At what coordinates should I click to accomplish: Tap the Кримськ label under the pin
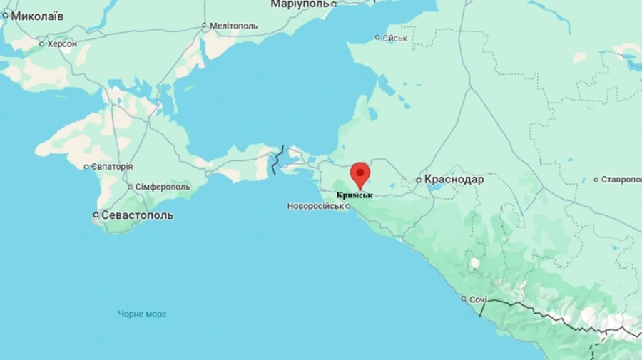click(x=355, y=194)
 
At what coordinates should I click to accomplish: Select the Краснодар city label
click(x=454, y=180)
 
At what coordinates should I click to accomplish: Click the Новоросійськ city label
click(x=315, y=206)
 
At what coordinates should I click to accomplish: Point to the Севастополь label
click(x=137, y=215)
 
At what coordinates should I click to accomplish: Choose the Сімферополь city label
click(x=161, y=187)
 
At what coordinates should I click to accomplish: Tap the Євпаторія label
click(x=111, y=166)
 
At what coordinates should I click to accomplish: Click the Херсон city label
click(x=62, y=43)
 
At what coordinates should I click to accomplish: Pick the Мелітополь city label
click(x=234, y=26)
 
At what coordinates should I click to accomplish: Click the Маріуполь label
click(x=300, y=4)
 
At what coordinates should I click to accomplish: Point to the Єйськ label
click(x=394, y=38)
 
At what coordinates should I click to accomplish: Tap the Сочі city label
click(x=477, y=299)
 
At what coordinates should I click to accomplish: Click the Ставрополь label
click(x=621, y=180)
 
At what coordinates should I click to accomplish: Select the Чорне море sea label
click(x=143, y=314)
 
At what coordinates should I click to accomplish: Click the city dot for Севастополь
click(x=96, y=215)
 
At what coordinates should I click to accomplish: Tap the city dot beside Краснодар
click(x=419, y=180)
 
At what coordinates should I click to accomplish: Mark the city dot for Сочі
click(x=464, y=299)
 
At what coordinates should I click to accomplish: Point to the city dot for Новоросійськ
click(x=348, y=207)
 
